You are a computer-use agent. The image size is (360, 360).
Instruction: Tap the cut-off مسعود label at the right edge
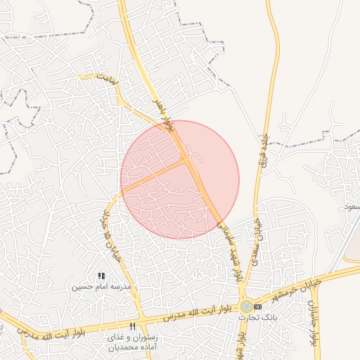tap(350, 207)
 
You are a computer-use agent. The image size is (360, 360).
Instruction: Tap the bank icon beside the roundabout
tap(258, 307)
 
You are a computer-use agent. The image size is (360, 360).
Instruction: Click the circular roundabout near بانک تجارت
tap(246, 307)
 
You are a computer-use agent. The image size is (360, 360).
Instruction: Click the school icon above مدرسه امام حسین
tap(101, 276)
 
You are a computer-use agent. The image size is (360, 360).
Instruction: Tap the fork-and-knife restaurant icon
tap(132, 326)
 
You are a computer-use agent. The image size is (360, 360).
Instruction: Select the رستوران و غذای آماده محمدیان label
tap(134, 342)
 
